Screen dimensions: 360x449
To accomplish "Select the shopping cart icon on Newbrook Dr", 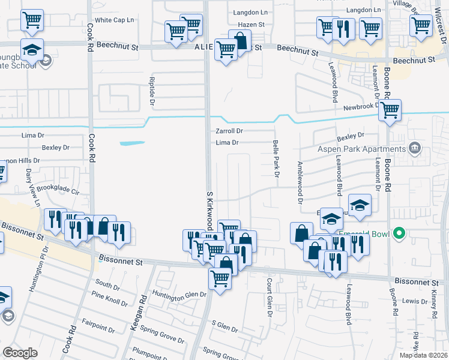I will [390, 110].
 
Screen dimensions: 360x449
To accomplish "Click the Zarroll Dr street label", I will [229, 131].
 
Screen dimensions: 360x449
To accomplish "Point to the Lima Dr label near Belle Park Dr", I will [227, 143].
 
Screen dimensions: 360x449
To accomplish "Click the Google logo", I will [20, 353].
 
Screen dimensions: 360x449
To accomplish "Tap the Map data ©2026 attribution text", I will [423, 355].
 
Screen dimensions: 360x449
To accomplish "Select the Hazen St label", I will [251, 25].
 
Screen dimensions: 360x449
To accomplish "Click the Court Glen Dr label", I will [270, 298].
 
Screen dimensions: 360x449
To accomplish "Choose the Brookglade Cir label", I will [58, 190].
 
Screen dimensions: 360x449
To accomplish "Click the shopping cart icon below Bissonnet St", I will [220, 278].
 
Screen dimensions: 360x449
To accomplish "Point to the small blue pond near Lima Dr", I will [133, 143].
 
